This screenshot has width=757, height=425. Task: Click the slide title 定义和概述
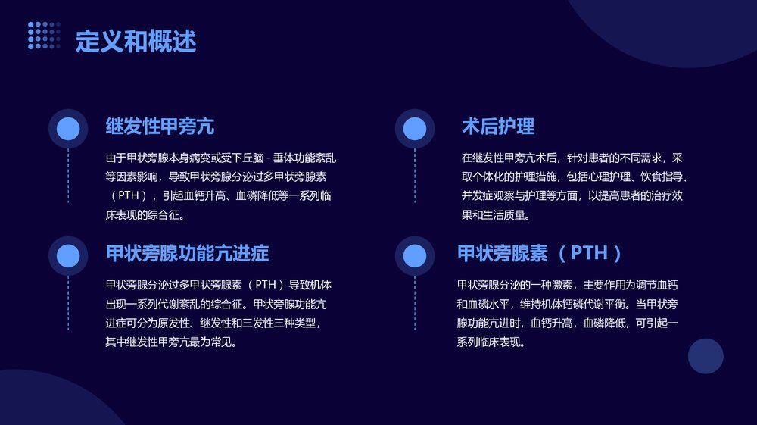pyautogui.click(x=136, y=42)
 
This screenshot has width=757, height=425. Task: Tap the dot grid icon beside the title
pyautogui.click(x=44, y=36)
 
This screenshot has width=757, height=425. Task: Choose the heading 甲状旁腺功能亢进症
pyautogui.click(x=187, y=253)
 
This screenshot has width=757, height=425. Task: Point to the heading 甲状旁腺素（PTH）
pyautogui.click(x=540, y=253)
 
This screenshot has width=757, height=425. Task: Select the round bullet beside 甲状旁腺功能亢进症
pyautogui.click(x=68, y=255)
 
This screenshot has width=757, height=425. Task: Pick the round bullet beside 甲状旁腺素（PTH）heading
pyautogui.click(x=415, y=255)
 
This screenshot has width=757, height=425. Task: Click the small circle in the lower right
pyautogui.click(x=706, y=356)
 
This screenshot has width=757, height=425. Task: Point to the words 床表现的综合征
pyautogui.click(x=145, y=214)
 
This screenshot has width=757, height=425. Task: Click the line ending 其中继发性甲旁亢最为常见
pyautogui.click(x=171, y=342)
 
